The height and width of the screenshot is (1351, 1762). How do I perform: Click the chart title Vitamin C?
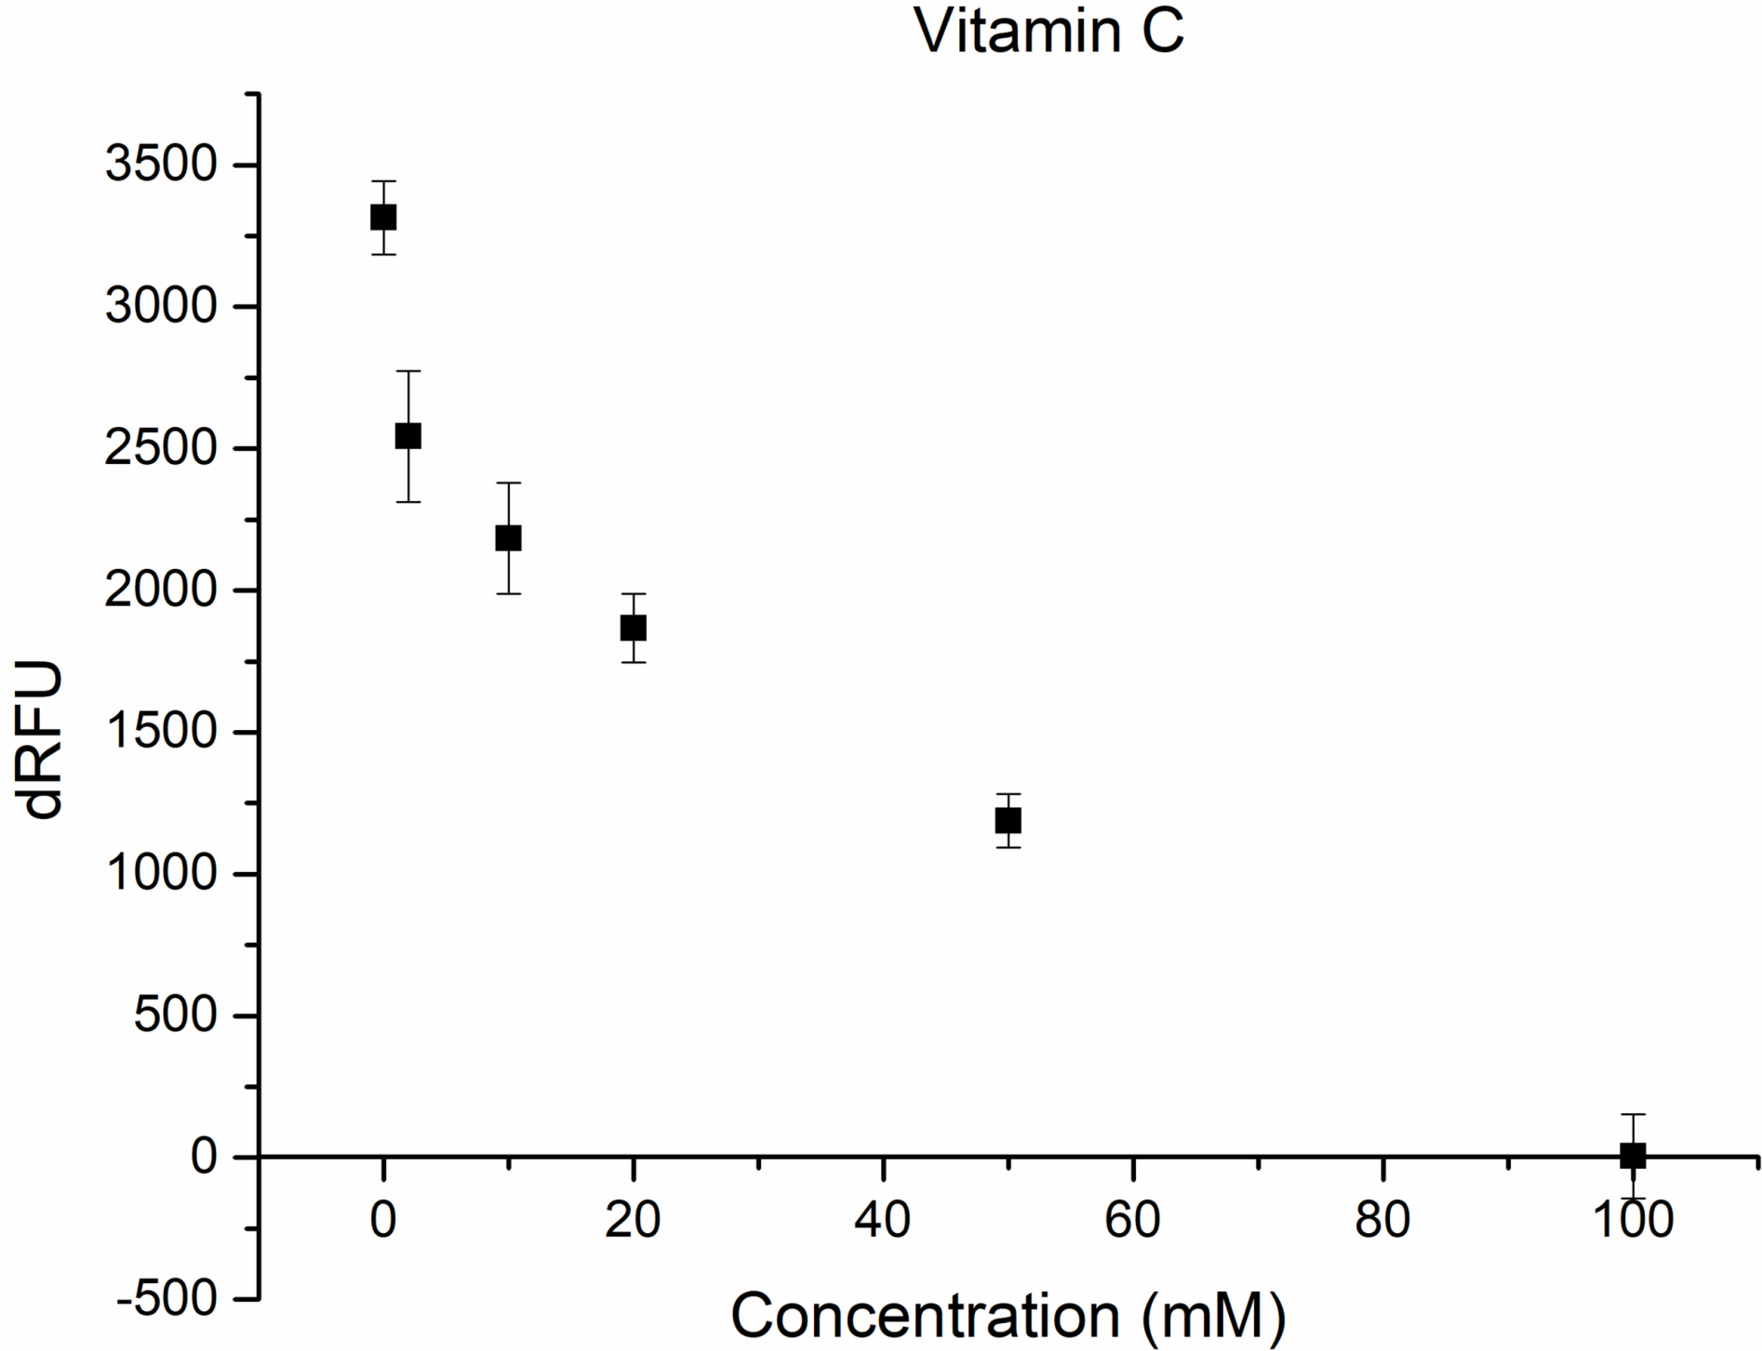(1048, 31)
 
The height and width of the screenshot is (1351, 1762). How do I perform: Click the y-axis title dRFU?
(44, 739)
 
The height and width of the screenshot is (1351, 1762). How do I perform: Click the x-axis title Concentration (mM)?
(1008, 1315)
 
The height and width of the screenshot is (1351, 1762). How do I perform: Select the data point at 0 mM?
(383, 218)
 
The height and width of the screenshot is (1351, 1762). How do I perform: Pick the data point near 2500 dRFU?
(408, 436)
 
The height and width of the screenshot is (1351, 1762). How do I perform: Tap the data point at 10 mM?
(508, 538)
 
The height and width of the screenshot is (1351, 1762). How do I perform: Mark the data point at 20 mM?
(634, 628)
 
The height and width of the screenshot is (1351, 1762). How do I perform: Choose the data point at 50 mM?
(1008, 821)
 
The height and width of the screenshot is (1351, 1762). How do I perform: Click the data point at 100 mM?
(1633, 1156)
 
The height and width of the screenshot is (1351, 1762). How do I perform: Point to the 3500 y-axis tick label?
(160, 166)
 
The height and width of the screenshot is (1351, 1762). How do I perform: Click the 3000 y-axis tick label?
(160, 307)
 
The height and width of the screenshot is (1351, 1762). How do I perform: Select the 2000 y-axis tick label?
(160, 590)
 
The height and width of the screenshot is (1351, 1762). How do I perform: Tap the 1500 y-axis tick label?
(160, 733)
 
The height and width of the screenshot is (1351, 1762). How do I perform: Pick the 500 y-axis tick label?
(174, 1015)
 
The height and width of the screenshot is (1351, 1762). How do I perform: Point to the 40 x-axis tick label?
(882, 1219)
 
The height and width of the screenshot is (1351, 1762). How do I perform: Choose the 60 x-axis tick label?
(1132, 1219)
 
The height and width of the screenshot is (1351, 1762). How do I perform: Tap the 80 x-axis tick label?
(1382, 1219)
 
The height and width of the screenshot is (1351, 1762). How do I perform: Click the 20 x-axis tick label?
(633, 1219)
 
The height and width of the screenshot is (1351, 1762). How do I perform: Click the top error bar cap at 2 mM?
(408, 371)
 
